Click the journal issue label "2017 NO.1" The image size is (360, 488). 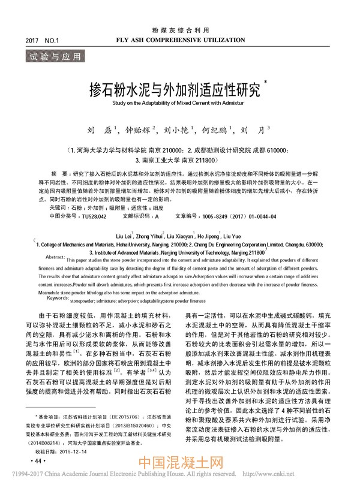point(41,40)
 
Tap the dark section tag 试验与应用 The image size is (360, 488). point(53,58)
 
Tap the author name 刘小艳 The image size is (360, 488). point(178,129)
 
